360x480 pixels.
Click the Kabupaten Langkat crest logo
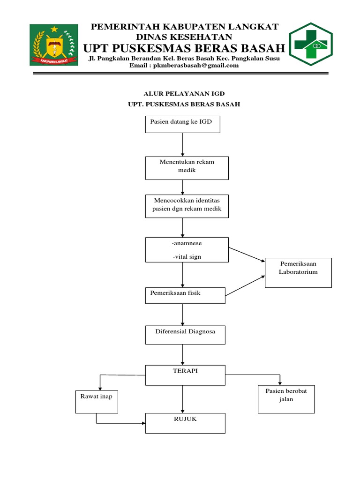coord(54,45)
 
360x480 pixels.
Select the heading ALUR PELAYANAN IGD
coord(184,94)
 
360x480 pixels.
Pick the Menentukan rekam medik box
coord(187,168)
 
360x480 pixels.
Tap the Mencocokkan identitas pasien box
coord(187,206)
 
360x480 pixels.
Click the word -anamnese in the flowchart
coord(187,244)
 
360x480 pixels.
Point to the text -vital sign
coord(187,256)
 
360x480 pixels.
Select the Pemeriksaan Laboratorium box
coord(298,272)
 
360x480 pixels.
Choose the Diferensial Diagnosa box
coord(185,335)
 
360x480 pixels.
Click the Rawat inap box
coord(97,401)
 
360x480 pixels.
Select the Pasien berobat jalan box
coord(286,399)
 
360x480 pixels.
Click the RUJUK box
coord(185,423)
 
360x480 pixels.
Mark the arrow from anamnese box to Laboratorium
coord(246,254)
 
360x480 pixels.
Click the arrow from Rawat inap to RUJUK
coord(117,423)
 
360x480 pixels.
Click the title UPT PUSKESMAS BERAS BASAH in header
coord(184,48)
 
